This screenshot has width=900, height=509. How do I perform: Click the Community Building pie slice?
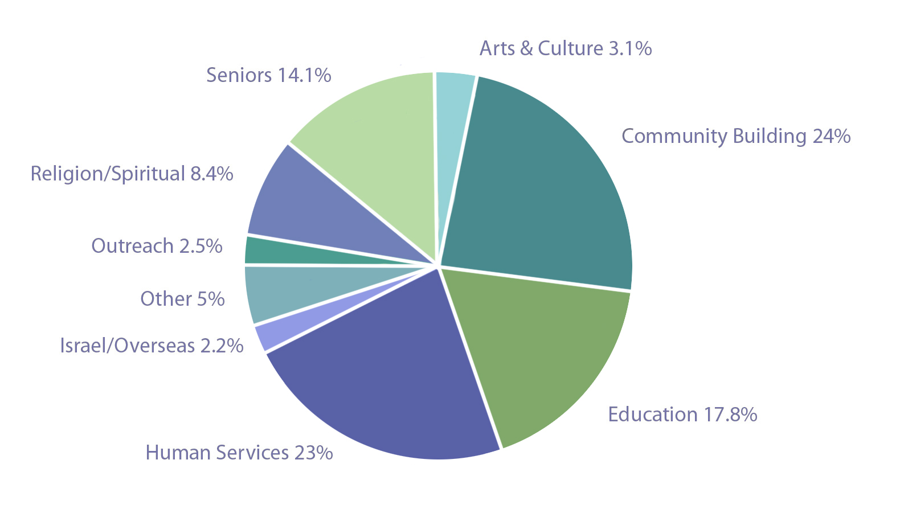coord(541,188)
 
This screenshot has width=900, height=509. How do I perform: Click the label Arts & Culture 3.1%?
coord(566,48)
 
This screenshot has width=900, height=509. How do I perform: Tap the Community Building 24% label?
coord(736,136)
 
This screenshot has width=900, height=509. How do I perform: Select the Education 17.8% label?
coord(682,414)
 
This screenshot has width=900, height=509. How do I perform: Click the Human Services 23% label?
coord(239,453)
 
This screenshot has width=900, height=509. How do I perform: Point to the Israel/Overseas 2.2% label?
coord(152,346)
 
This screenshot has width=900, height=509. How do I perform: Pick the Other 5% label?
coord(182,299)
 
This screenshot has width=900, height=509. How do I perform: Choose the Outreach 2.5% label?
coord(157,246)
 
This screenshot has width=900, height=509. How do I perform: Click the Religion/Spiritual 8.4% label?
coord(132,174)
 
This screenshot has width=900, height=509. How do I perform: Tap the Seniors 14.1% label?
coord(269,75)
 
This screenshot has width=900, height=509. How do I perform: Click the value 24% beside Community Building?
coord(832,136)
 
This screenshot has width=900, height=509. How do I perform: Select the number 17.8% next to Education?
coord(731,414)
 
